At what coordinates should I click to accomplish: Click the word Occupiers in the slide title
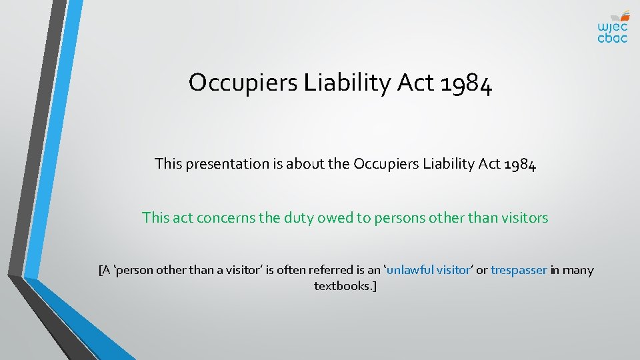pos(243,83)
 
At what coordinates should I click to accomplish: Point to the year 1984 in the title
pos(467,83)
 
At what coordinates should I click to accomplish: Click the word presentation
pos(227,163)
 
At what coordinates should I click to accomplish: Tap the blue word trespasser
pos(519,270)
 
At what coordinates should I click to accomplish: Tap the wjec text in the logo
pos(612,27)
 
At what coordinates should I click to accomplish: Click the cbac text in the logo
pos(612,38)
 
